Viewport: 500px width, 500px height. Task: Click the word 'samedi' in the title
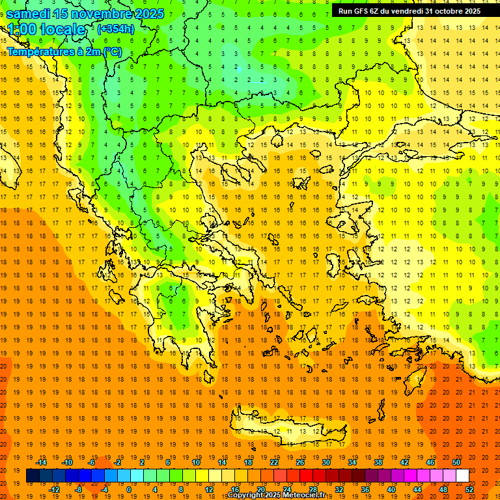click(x=29, y=13)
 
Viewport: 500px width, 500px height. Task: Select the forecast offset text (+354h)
click(x=116, y=29)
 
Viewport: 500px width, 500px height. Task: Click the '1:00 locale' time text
click(x=47, y=29)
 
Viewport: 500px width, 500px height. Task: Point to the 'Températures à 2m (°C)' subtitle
click(x=64, y=51)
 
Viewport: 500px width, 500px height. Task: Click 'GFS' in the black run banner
click(x=361, y=10)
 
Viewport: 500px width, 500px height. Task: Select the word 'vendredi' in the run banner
click(x=406, y=10)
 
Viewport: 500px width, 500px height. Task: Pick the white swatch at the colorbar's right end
click(x=462, y=476)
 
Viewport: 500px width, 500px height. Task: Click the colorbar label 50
click(x=456, y=462)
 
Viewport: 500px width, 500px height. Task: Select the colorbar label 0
click(x=128, y=490)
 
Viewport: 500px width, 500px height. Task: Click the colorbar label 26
click(x=300, y=462)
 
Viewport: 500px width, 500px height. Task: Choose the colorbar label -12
click(x=54, y=490)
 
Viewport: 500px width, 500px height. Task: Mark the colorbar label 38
click(x=378, y=462)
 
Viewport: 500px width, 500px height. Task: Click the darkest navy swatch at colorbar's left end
click(x=33, y=476)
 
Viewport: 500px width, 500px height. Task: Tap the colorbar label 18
click(x=248, y=462)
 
